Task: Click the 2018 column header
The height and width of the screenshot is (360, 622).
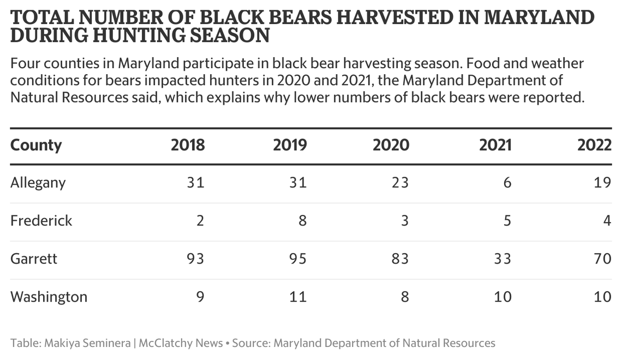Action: click(x=188, y=145)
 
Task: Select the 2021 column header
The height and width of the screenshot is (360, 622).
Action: click(x=495, y=145)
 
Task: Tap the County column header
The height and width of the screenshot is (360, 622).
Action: click(x=36, y=145)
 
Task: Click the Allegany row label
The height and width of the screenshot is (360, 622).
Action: click(x=38, y=183)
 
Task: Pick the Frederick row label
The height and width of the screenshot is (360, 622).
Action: click(x=41, y=221)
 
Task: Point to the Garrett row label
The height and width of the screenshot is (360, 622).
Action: click(x=33, y=259)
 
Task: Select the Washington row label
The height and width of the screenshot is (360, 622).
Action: click(x=49, y=297)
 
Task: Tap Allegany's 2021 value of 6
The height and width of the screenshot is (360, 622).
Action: click(x=507, y=183)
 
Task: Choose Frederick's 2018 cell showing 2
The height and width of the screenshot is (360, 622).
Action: click(x=200, y=221)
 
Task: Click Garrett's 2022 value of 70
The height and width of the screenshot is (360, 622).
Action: click(x=602, y=259)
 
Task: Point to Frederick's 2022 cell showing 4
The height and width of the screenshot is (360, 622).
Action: click(x=607, y=221)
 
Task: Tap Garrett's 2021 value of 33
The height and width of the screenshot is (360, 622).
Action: click(x=501, y=259)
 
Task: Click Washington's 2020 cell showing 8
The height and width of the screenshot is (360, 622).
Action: click(x=404, y=297)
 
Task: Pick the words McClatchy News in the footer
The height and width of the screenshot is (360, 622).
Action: click(x=181, y=343)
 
